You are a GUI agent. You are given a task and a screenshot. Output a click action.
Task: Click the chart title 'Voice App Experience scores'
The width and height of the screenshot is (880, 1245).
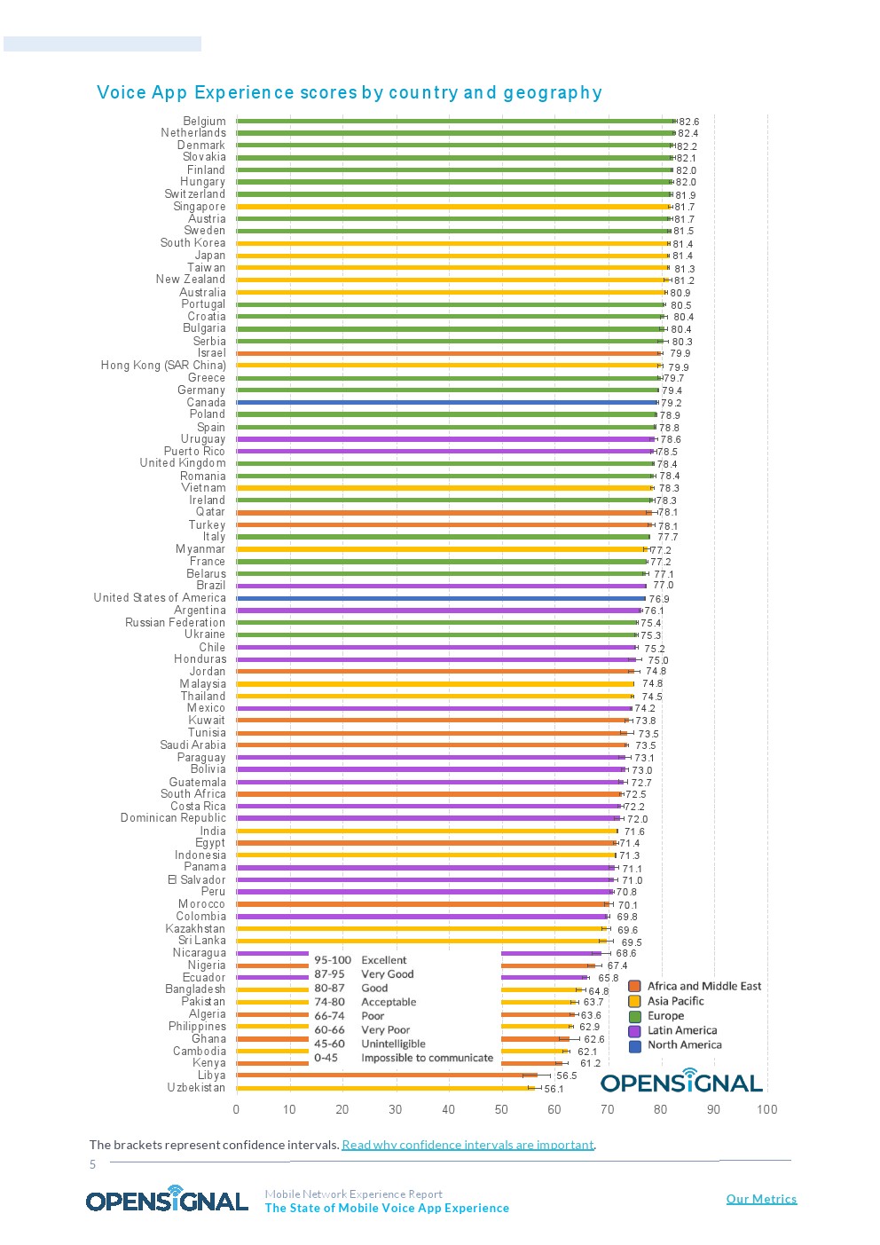click(x=349, y=92)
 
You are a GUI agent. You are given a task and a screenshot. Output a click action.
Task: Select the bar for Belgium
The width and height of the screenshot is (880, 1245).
click(x=456, y=121)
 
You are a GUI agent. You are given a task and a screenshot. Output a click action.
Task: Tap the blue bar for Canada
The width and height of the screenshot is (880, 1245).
click(x=447, y=402)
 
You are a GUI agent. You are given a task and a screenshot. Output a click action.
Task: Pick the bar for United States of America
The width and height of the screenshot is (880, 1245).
click(x=441, y=598)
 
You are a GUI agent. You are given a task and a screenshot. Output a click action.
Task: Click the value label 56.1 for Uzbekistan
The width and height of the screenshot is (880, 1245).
click(x=554, y=1089)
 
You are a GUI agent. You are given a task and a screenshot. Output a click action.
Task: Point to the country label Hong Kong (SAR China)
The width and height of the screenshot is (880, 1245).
click(x=163, y=366)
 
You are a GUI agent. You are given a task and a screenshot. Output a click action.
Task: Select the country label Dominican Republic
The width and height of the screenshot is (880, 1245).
click(x=173, y=818)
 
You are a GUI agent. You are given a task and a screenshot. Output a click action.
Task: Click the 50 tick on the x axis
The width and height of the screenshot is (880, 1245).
click(x=501, y=1109)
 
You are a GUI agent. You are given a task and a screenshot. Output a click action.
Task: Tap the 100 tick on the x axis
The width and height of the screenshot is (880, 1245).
click(x=766, y=1109)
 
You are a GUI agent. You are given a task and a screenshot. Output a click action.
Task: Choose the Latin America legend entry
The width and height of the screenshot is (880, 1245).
click(x=681, y=1030)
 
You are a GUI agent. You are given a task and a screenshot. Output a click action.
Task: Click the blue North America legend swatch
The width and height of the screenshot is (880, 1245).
click(x=634, y=1045)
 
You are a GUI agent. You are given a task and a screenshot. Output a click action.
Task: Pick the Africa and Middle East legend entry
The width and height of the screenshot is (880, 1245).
click(x=703, y=986)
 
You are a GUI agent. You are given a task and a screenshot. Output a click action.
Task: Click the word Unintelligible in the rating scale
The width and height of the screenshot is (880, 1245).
click(x=393, y=1044)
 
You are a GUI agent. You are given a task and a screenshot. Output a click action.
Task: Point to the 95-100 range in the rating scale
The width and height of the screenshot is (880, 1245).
click(x=333, y=960)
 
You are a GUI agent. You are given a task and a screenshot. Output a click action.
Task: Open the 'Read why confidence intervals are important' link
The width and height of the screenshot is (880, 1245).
click(x=467, y=1145)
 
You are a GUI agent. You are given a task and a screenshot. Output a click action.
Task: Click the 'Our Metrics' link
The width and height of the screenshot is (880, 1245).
click(x=761, y=1199)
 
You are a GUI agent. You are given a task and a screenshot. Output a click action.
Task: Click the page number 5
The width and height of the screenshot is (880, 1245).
click(x=92, y=1164)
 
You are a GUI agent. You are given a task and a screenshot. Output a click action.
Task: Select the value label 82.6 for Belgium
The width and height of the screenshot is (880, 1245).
click(x=688, y=122)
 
